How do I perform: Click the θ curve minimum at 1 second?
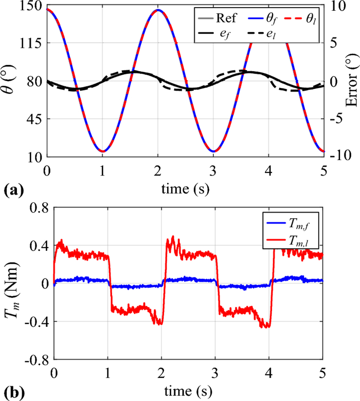103,151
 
